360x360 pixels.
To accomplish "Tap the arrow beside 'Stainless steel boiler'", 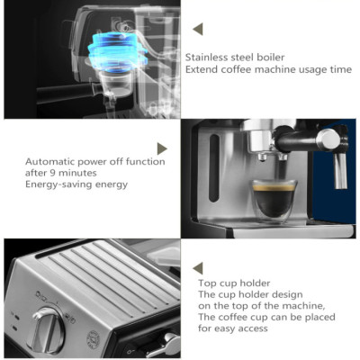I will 198,29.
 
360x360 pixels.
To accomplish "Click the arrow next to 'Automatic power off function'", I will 162,148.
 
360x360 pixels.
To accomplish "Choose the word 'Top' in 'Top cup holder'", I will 206,283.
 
